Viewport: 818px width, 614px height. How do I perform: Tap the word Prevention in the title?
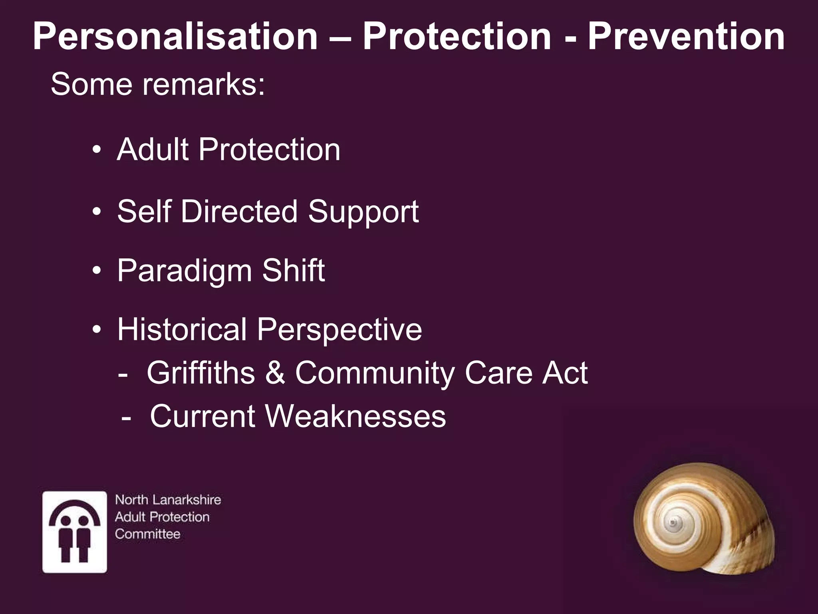[x=686, y=37]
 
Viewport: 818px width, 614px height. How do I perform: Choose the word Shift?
[x=293, y=270]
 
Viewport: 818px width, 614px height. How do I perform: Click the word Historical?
[x=182, y=329]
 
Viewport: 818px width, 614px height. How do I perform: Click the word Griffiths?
[x=201, y=373]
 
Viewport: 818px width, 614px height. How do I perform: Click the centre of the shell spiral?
[x=674, y=522]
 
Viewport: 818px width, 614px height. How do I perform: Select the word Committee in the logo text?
[x=147, y=534]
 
